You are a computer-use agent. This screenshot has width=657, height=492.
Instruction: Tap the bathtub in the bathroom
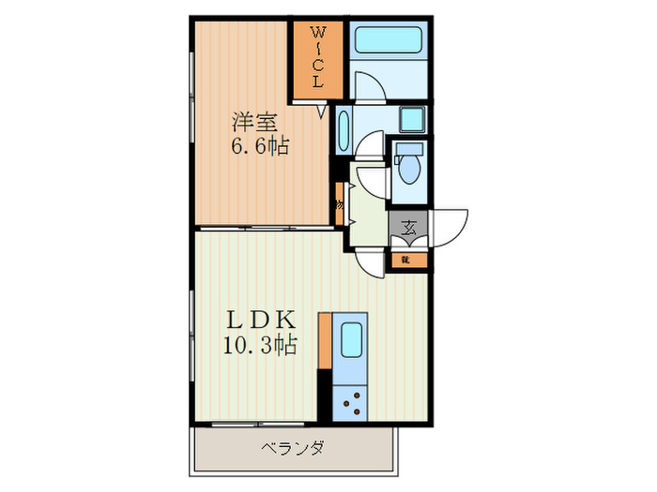click(390, 41)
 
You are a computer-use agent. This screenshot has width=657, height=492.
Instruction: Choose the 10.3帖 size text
click(258, 346)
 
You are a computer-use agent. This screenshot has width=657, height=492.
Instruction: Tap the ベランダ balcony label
click(292, 448)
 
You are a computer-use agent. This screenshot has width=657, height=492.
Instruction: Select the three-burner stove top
click(351, 402)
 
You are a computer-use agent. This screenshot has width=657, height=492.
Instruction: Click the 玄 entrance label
click(409, 227)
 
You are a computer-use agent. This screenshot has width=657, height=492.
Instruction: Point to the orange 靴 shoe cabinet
click(406, 259)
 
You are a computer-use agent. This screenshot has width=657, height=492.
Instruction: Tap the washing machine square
click(411, 120)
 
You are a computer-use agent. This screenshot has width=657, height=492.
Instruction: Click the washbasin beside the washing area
click(342, 131)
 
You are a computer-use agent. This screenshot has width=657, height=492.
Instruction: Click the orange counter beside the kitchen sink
click(326, 342)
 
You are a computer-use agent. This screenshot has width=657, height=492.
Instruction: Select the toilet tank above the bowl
click(409, 149)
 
